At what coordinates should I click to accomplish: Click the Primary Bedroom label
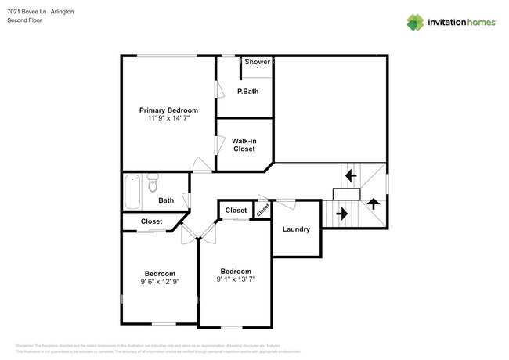point(168,110)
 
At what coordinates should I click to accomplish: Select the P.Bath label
point(247,92)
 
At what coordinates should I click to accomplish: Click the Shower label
point(258,62)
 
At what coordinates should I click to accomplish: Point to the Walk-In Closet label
point(244,145)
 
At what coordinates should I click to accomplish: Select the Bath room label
point(166,200)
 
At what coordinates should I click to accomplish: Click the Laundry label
point(297,229)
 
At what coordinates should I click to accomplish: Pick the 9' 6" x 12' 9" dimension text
point(159,282)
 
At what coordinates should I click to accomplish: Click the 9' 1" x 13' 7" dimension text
point(236,279)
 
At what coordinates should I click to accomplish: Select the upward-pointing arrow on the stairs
point(374,203)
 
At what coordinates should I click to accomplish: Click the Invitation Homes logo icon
point(414,23)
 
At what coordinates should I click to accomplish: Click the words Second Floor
point(23,21)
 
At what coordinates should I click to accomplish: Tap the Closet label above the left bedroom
point(152,221)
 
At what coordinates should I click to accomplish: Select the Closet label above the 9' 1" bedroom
point(236,211)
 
